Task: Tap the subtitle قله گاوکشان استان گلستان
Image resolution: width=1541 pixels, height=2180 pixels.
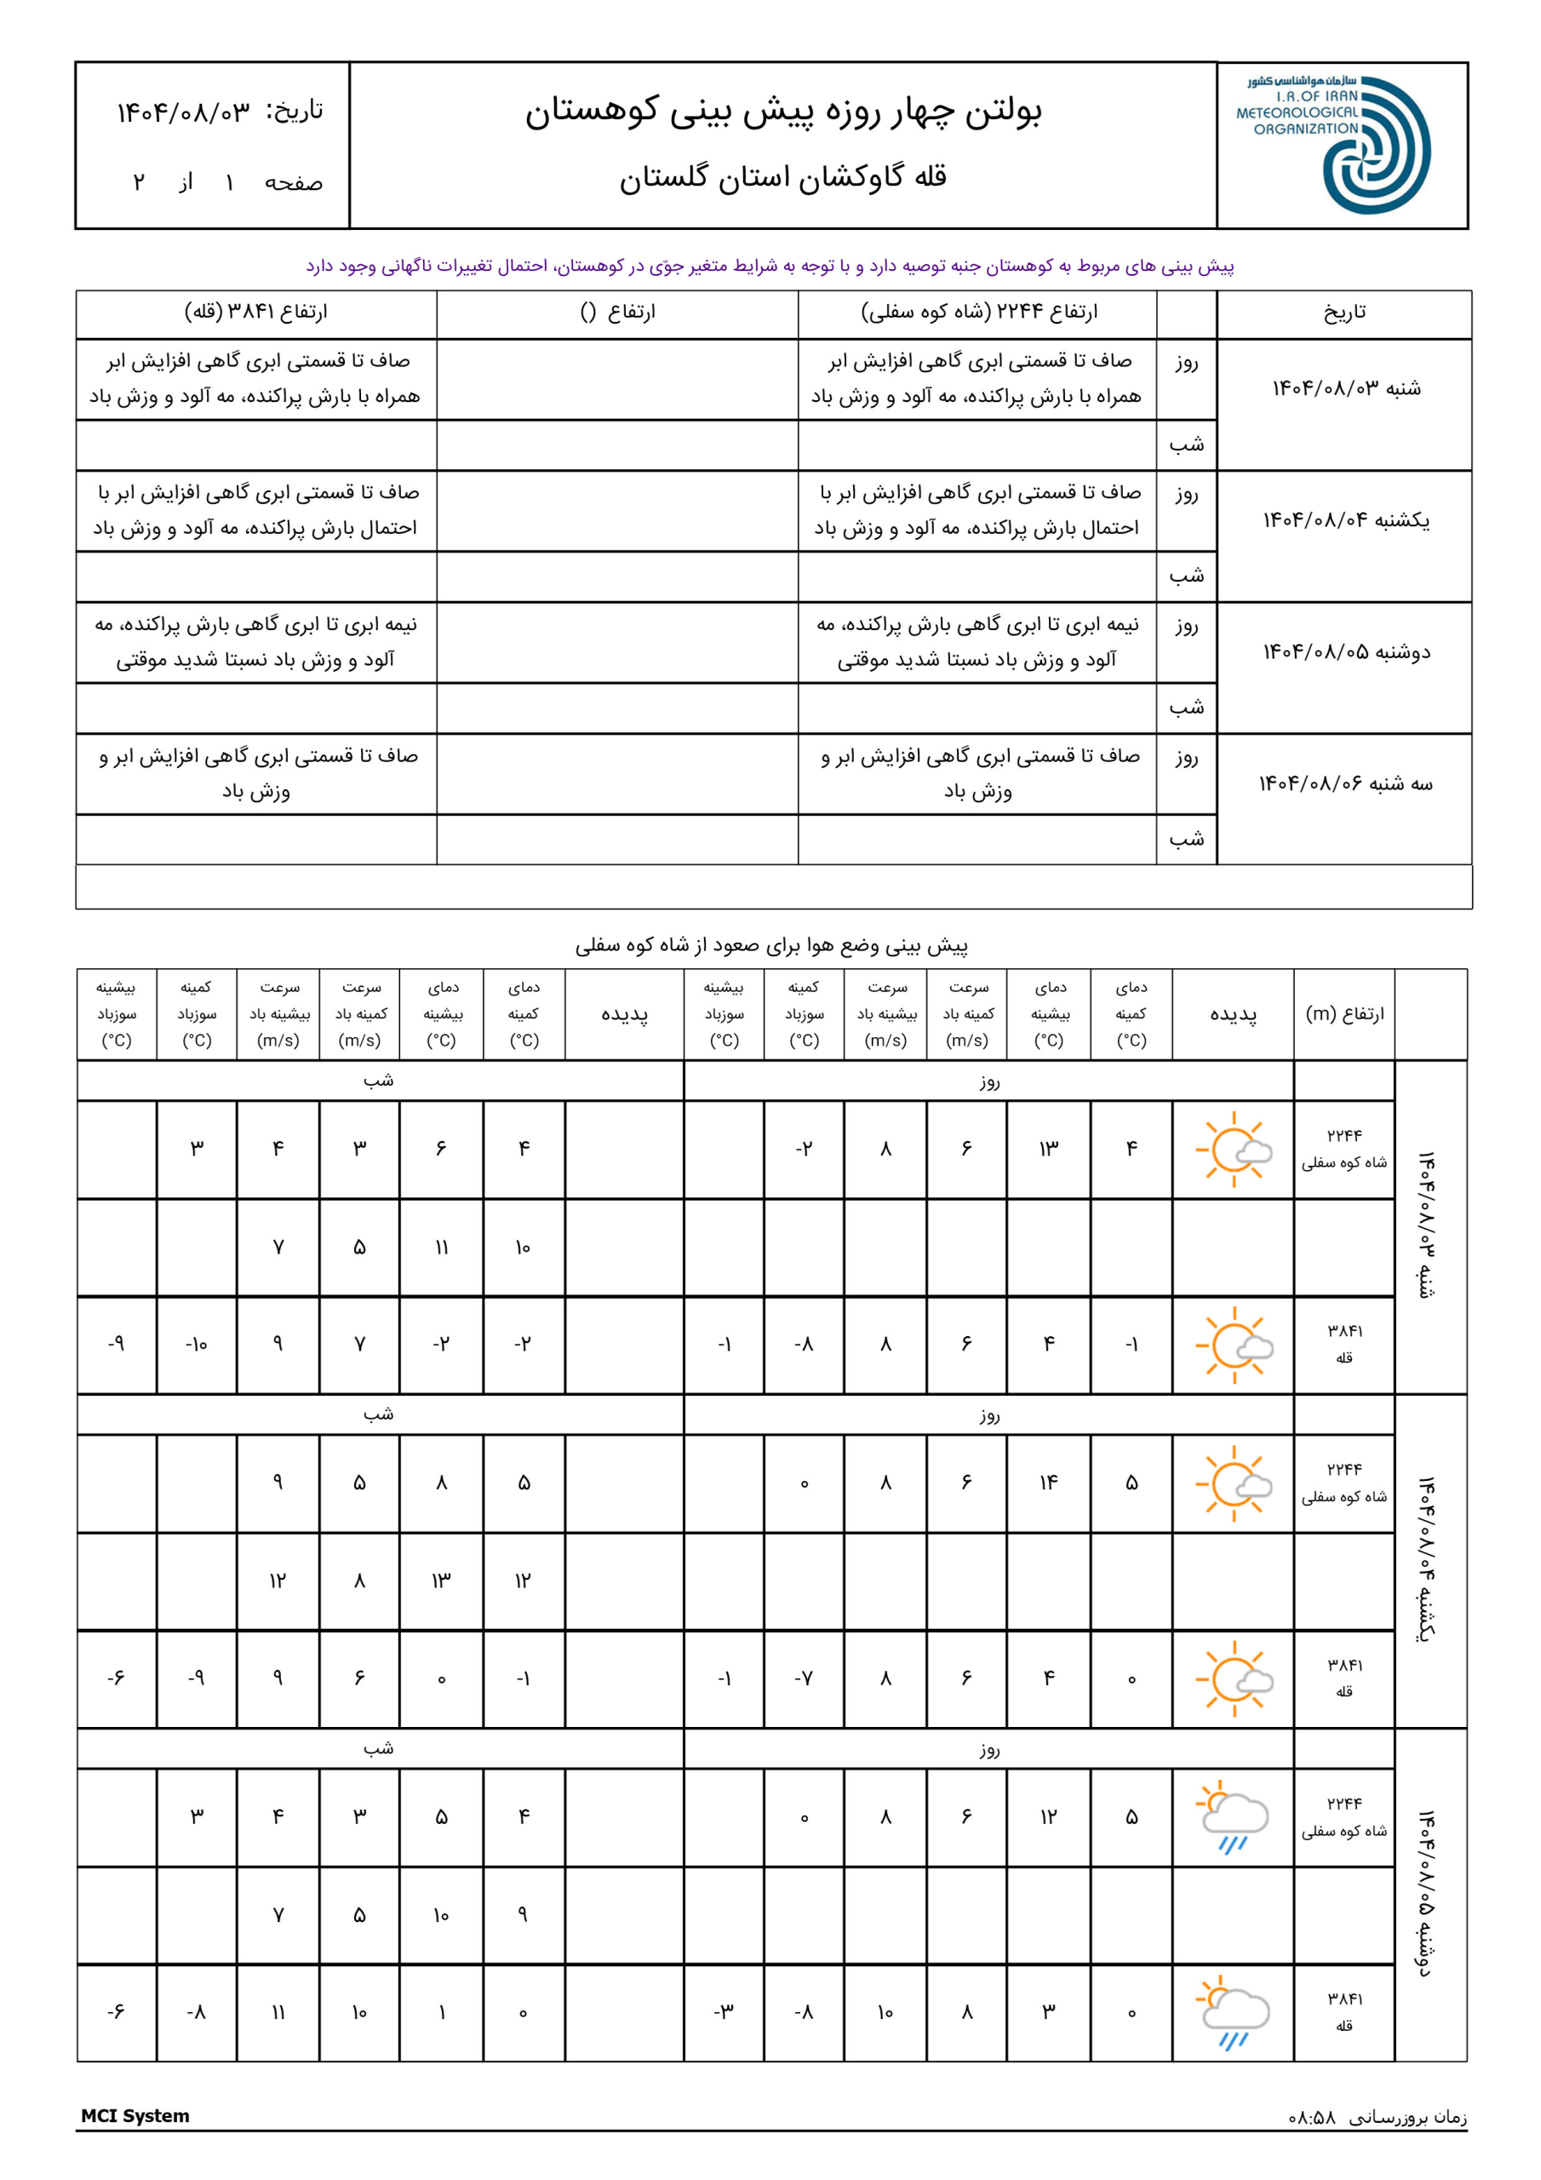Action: (783, 178)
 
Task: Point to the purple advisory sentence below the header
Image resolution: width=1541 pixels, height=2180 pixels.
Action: (770, 266)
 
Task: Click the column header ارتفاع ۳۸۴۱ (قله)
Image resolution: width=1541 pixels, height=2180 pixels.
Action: (255, 313)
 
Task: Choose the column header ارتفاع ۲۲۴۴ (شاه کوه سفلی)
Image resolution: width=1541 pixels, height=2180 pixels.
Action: (978, 313)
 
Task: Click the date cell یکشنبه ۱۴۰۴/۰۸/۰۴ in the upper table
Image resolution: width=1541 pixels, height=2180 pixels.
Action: (1344, 520)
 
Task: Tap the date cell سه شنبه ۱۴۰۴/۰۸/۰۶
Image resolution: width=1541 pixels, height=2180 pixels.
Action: (1344, 783)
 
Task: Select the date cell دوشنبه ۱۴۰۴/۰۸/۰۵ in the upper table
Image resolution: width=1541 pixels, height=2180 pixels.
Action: (1344, 652)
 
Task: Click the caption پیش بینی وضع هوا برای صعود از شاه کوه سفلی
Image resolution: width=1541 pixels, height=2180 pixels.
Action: (771, 946)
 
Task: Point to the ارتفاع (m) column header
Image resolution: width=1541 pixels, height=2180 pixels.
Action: (1343, 1014)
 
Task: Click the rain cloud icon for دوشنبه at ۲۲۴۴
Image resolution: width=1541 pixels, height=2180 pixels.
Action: (1234, 1817)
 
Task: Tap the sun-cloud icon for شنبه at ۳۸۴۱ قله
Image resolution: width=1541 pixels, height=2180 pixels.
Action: (1234, 1345)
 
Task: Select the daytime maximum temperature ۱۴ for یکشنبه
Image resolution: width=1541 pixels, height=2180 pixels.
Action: (1048, 1483)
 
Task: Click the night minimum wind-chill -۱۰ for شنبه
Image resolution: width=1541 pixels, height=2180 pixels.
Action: (196, 1345)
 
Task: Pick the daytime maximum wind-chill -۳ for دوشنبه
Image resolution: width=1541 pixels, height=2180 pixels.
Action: (724, 2012)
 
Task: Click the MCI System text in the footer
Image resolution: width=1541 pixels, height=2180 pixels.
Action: (135, 2115)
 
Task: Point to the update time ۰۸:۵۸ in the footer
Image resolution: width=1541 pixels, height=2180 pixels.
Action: (1311, 2117)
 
